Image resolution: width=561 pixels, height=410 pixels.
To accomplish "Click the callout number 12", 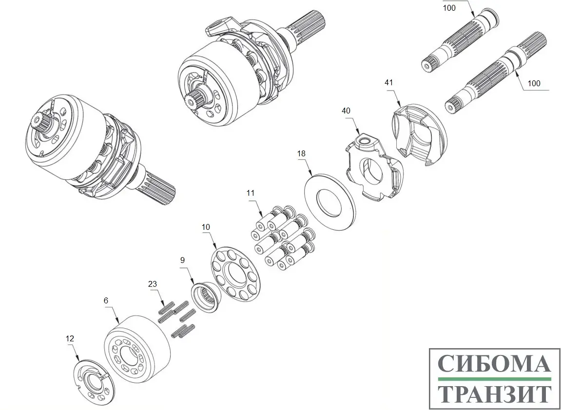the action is [x=70, y=338].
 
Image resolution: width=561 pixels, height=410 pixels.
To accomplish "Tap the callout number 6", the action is [x=106, y=300].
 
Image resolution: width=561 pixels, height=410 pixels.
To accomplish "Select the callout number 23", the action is [x=153, y=284].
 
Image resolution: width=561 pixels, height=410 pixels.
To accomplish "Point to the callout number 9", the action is [x=182, y=260].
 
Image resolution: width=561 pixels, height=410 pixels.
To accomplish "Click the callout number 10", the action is [x=206, y=227].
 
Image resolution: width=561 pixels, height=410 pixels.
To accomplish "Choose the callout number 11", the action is [x=251, y=193].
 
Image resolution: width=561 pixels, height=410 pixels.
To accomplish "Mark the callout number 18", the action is [x=301, y=154].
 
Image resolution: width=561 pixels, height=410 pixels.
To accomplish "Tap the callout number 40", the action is [x=346, y=111].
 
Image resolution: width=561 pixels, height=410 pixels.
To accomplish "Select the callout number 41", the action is [x=388, y=83].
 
